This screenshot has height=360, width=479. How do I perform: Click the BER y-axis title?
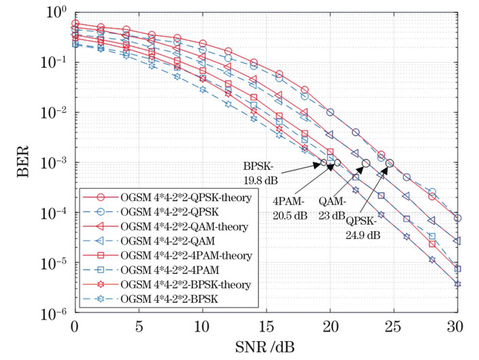(x=20, y=163)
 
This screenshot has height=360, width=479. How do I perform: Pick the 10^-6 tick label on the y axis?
(x=50, y=314)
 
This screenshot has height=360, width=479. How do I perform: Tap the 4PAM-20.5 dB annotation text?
(x=291, y=208)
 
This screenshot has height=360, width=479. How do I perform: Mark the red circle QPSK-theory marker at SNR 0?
(x=75, y=24)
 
